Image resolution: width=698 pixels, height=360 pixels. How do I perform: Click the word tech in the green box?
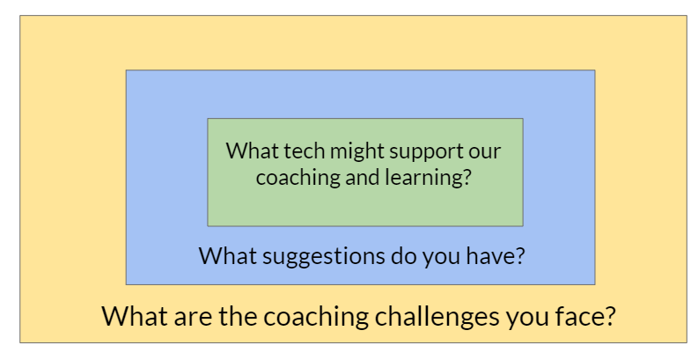pyautogui.click(x=305, y=151)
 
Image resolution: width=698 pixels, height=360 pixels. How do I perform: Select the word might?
pyautogui.click(x=352, y=152)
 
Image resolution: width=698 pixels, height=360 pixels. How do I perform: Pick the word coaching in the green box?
pyautogui.click(x=298, y=178)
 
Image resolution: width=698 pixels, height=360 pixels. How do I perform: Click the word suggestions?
pyautogui.click(x=321, y=257)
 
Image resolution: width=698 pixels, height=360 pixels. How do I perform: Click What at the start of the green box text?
pyautogui.click(x=253, y=151)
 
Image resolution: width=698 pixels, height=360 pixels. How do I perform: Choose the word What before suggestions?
pyautogui.click(x=228, y=255)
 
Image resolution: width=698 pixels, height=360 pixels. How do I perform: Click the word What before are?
pyautogui.click(x=136, y=316)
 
